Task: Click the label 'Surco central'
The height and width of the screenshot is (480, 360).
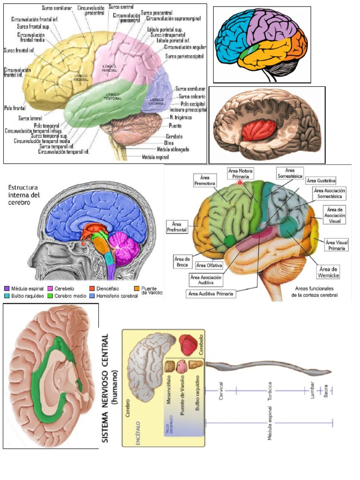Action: tap(121, 7)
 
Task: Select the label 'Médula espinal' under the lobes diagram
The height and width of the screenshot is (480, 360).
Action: tap(156, 157)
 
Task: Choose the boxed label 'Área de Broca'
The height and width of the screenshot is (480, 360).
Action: tap(181, 260)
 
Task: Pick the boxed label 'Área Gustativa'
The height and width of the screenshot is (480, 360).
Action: tap(321, 180)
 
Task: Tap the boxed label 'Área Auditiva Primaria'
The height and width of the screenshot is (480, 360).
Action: tap(211, 294)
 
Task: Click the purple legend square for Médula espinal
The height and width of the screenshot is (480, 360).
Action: tap(7, 288)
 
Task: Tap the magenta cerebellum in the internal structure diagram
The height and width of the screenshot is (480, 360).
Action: tap(125, 248)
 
